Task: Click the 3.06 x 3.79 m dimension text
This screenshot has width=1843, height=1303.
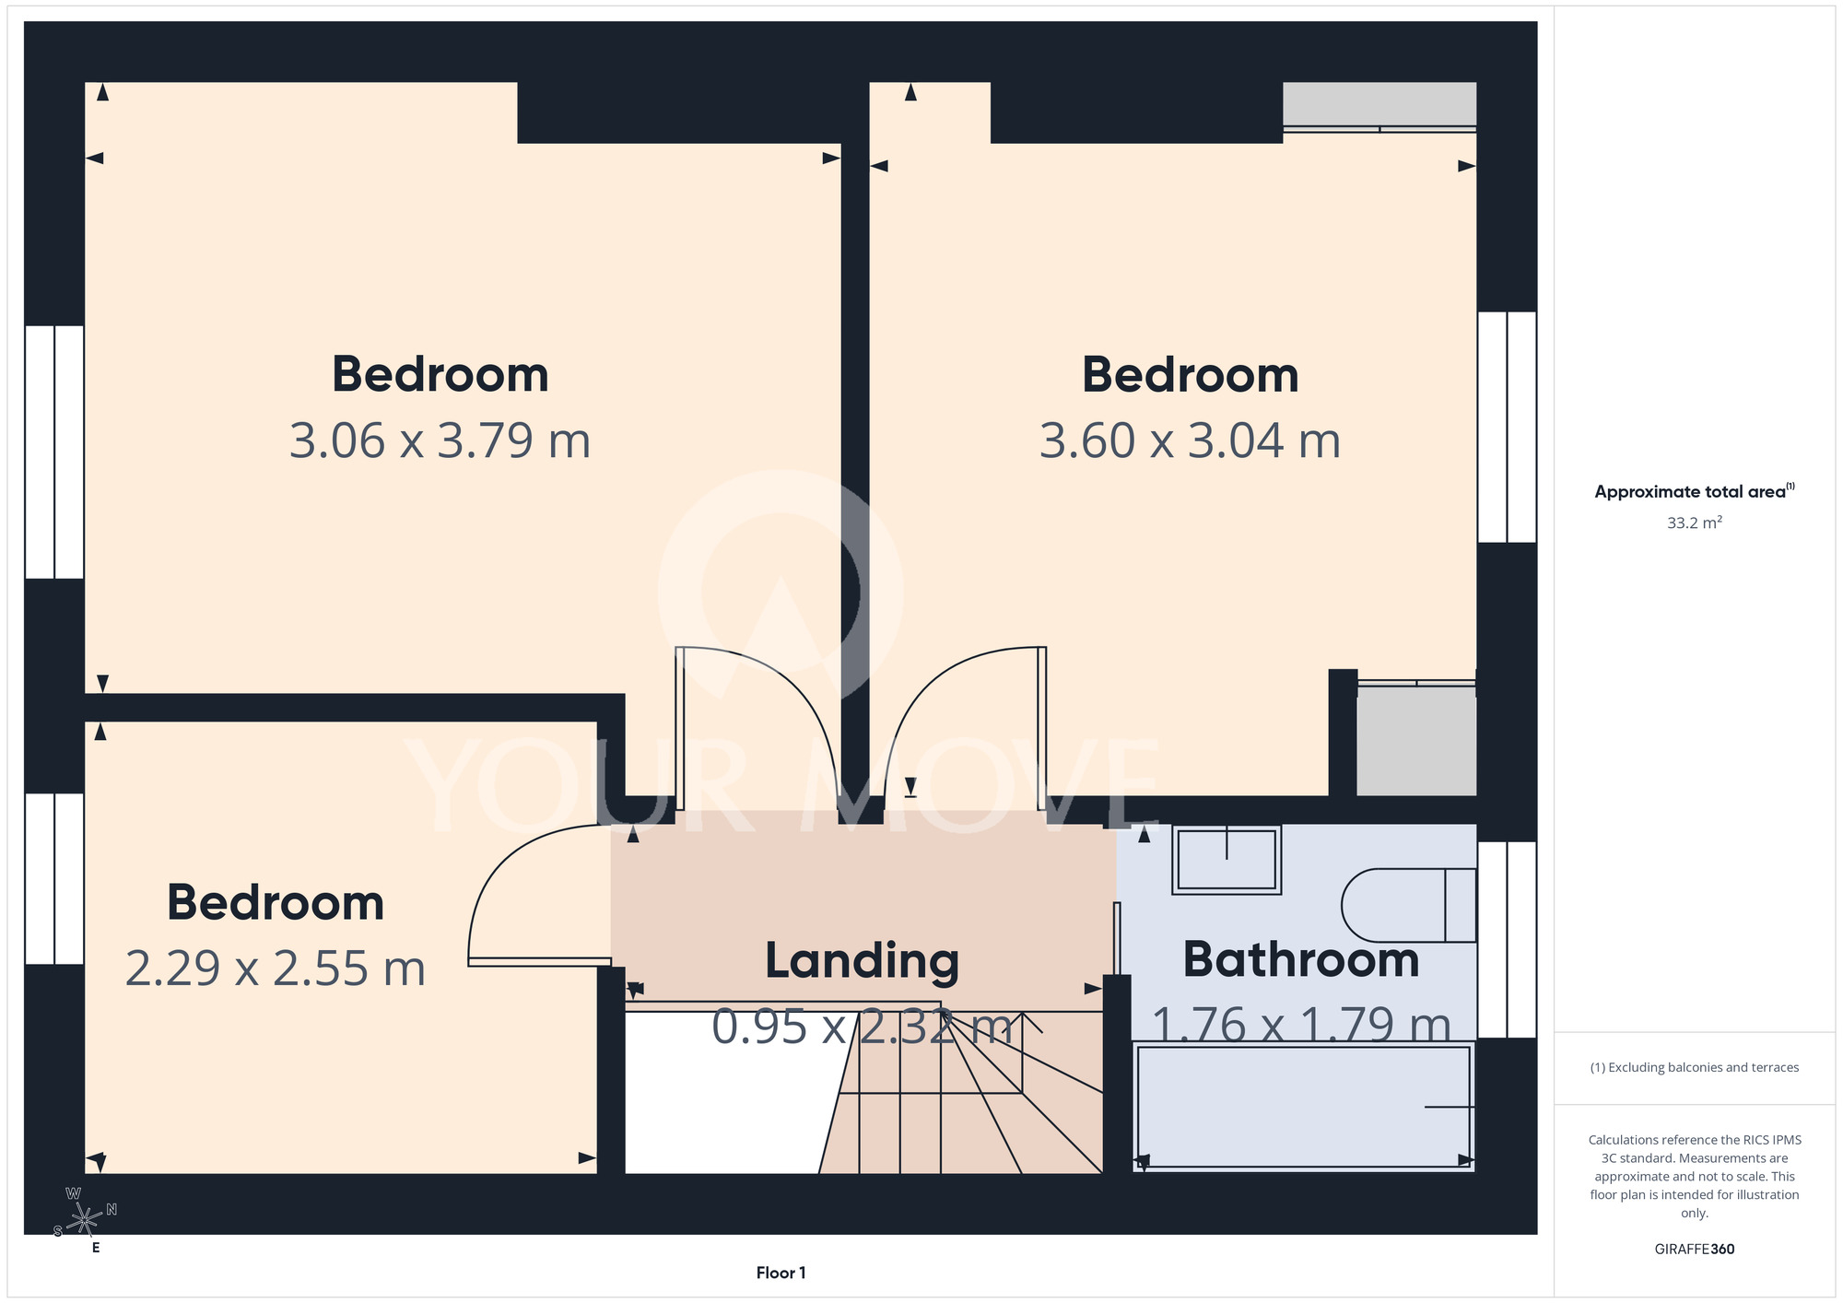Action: [440, 440]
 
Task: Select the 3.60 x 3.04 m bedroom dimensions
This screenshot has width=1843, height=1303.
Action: [1190, 440]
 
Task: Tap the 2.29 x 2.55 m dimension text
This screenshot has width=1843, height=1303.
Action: [275, 968]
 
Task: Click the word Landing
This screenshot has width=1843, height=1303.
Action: [863, 961]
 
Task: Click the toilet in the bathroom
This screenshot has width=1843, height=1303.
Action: [1408, 905]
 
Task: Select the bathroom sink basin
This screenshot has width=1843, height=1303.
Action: [1227, 860]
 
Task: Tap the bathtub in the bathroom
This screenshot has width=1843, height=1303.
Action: [1303, 1106]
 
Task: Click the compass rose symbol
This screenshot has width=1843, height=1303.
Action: [85, 1220]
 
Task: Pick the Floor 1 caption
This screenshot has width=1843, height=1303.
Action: [781, 1273]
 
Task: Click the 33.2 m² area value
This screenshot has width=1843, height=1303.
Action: [1695, 522]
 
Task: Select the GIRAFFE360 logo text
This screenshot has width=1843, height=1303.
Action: [1695, 1250]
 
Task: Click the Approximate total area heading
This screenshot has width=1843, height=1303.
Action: [1695, 491]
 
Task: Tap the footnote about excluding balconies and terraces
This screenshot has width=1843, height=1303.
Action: [1695, 1068]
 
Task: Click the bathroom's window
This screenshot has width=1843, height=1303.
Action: [1508, 940]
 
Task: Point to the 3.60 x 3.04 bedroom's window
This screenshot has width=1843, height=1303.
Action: [1508, 427]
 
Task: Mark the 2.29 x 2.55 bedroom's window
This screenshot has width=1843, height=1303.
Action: [54, 879]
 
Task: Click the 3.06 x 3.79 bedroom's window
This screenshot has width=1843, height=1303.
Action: [54, 452]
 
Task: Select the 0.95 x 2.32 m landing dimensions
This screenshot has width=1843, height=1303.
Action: [863, 1027]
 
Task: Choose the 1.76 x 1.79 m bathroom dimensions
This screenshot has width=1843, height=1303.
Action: [1301, 1026]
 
